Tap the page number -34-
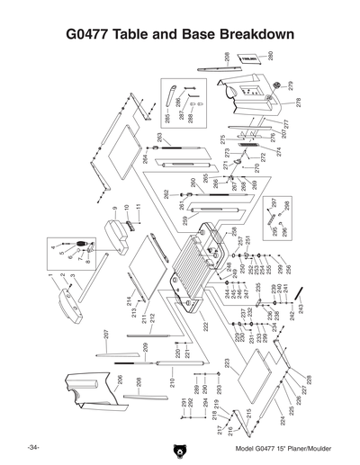(33, 447)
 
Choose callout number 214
(129, 300)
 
